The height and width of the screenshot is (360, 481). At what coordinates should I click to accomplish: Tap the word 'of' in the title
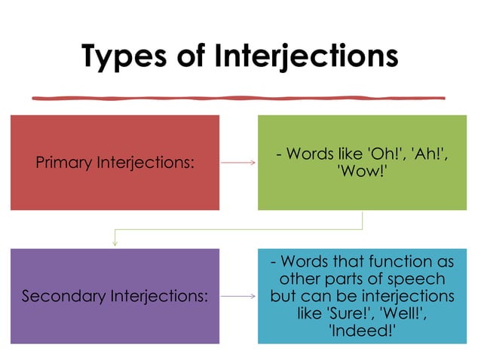(198, 57)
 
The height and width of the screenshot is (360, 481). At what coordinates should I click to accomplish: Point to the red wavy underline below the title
(238, 96)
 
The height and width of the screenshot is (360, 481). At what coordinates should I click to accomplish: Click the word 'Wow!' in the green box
(363, 171)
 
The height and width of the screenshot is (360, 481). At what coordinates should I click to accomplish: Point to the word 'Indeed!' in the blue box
(363, 328)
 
